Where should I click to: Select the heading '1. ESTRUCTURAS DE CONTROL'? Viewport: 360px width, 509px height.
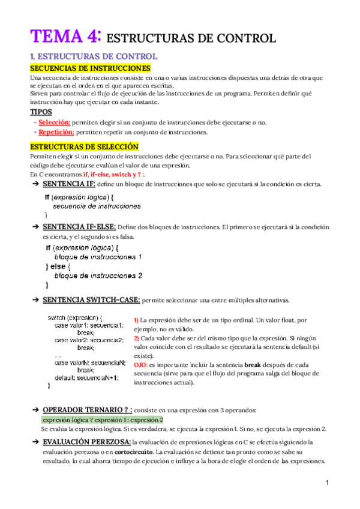(94, 57)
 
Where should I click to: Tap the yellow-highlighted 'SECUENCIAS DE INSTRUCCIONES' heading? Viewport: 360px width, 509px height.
(90, 68)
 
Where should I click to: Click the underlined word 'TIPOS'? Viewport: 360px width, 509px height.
(41, 112)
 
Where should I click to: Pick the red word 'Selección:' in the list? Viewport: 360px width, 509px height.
(54, 122)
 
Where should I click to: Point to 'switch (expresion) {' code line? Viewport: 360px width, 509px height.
(75, 318)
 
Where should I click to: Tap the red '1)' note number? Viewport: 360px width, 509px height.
(136, 321)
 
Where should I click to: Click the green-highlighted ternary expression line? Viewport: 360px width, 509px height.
(102, 420)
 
